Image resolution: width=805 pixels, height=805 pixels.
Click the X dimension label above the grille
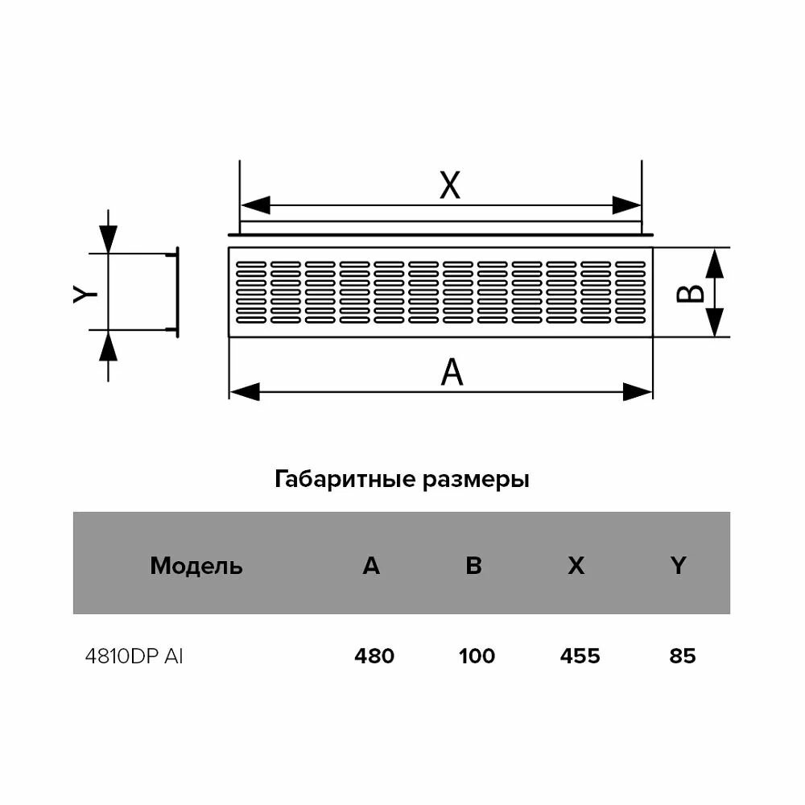[449, 186]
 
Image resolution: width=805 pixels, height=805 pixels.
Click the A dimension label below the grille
[452, 373]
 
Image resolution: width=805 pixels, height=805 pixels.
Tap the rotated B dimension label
[690, 293]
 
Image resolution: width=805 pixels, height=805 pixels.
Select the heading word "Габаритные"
[345, 481]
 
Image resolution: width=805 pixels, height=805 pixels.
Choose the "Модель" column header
[196, 566]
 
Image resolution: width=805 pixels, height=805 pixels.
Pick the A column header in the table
[370, 566]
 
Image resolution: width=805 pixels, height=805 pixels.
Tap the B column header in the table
[473, 566]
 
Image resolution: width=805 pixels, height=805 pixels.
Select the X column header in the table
[576, 566]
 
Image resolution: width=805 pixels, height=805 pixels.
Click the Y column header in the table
[679, 566]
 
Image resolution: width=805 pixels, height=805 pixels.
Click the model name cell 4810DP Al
[134, 657]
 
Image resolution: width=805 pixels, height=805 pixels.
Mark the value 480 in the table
[374, 657]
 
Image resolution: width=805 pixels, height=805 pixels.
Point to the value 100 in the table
[477, 657]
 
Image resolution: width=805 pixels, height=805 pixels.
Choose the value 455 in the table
[580, 657]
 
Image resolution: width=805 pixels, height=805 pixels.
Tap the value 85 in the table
[682, 657]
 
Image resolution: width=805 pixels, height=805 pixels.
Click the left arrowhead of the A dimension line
[244, 392]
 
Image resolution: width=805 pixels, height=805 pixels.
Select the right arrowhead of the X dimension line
[627, 205]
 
